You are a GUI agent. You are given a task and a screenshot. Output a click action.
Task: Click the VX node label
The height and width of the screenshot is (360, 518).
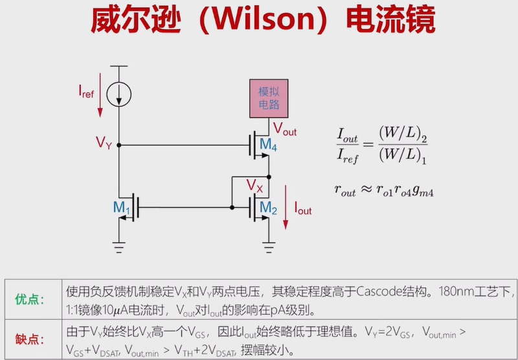click(x=254, y=186)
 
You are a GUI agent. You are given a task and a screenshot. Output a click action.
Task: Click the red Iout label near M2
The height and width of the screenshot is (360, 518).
click(x=303, y=209)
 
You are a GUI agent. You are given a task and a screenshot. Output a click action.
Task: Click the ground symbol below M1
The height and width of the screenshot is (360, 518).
click(x=119, y=244)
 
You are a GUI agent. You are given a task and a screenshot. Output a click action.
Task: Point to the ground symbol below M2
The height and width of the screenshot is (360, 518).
click(x=269, y=244)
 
